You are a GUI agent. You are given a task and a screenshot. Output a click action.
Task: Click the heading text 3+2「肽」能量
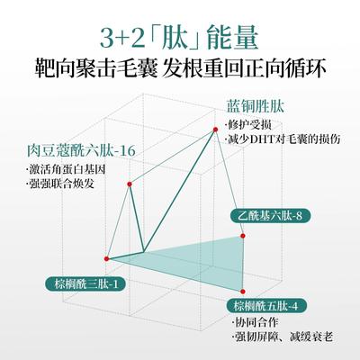[x=179, y=38]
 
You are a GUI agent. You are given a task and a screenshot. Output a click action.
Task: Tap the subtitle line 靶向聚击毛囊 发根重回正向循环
[x=180, y=68]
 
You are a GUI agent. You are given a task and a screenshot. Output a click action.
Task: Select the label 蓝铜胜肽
[x=255, y=106]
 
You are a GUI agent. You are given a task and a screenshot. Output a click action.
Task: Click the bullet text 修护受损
[x=248, y=124]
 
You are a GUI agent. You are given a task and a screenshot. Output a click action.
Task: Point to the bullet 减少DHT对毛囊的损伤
[x=283, y=139]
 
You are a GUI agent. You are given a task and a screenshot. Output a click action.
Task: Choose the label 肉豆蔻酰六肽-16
[x=81, y=151]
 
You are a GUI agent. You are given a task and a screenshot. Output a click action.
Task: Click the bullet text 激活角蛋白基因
[x=66, y=169]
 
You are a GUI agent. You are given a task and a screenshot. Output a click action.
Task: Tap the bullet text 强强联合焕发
[x=60, y=183]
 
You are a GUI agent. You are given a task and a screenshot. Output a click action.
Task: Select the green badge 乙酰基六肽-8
[x=270, y=215]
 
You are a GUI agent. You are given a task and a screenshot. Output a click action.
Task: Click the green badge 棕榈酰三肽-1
[x=85, y=283]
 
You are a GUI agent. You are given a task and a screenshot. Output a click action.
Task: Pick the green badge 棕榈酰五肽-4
[x=266, y=306]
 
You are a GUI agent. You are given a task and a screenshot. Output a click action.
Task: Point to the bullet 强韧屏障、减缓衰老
[x=283, y=337]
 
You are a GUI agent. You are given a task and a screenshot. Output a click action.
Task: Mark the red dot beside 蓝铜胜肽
[x=215, y=130]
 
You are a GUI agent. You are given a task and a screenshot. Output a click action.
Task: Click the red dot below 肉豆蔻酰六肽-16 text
[x=130, y=184]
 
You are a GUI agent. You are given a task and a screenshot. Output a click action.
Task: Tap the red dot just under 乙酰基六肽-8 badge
[x=243, y=236]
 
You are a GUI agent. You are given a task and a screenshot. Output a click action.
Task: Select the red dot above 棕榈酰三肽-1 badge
[x=106, y=258]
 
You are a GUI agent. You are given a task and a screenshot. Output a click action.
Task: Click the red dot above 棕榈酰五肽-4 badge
[x=243, y=292]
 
